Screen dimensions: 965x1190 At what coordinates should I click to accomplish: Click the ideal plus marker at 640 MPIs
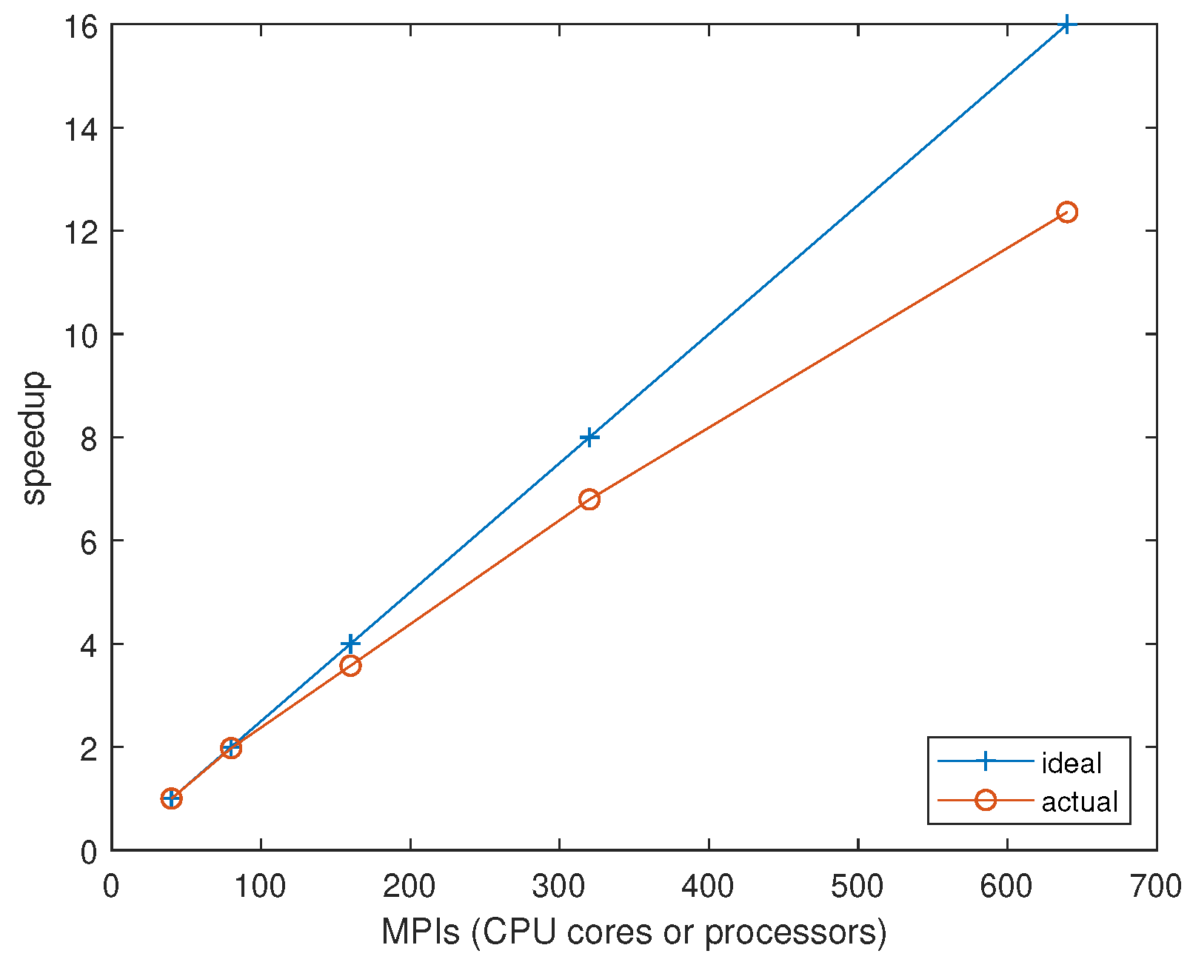pyautogui.click(x=1066, y=24)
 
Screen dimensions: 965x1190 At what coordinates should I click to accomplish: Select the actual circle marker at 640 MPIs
pyautogui.click(x=1066, y=213)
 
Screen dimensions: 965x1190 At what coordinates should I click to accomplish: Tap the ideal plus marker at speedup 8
pyautogui.click(x=589, y=437)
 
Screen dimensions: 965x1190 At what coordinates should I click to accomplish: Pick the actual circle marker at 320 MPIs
pyautogui.click(x=589, y=499)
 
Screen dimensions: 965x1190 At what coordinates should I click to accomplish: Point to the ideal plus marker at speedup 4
pyautogui.click(x=350, y=644)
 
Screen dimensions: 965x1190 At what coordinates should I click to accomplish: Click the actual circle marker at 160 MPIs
pyautogui.click(x=350, y=665)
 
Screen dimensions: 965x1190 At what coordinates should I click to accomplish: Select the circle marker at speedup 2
pyautogui.click(x=231, y=748)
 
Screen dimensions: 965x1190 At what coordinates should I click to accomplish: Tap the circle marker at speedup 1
pyautogui.click(x=171, y=798)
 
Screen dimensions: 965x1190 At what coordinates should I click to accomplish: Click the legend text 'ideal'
pyautogui.click(x=1072, y=763)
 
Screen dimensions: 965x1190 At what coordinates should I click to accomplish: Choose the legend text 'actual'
pyautogui.click(x=1080, y=801)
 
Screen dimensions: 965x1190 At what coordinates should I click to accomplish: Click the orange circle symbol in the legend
pyautogui.click(x=985, y=800)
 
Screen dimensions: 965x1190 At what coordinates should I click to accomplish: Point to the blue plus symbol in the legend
pyautogui.click(x=985, y=761)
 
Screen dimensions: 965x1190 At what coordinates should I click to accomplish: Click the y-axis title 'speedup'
pyautogui.click(x=34, y=438)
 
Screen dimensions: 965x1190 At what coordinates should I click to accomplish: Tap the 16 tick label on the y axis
pyautogui.click(x=80, y=27)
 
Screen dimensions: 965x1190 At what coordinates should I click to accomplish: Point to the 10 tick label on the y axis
pyautogui.click(x=80, y=335)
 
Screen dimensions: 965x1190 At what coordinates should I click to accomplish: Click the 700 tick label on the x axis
pyautogui.click(x=1155, y=886)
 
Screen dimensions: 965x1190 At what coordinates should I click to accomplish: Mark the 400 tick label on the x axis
pyautogui.click(x=708, y=886)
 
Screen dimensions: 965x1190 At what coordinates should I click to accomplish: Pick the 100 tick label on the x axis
pyautogui.click(x=260, y=886)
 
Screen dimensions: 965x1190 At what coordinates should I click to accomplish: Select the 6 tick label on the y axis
pyautogui.click(x=89, y=542)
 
